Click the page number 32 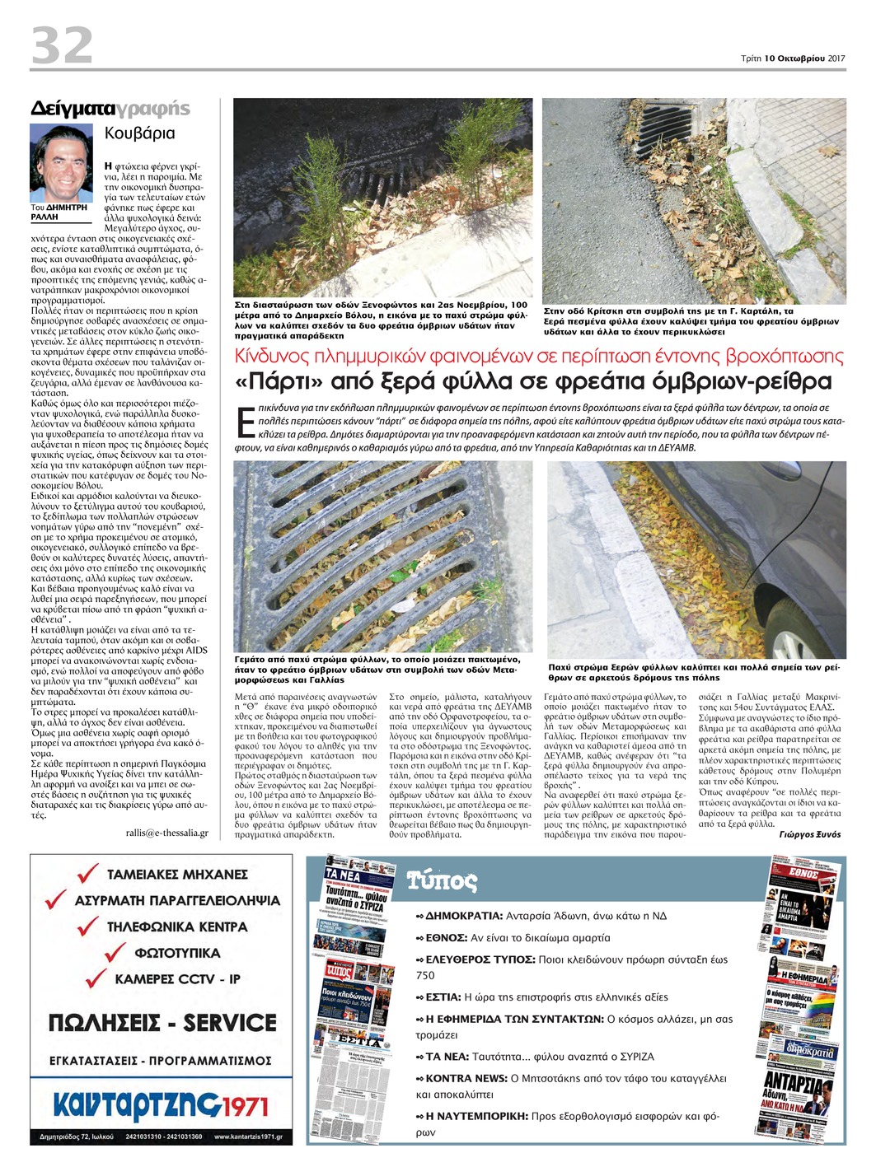[x=61, y=45]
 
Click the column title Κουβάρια [x=140, y=133]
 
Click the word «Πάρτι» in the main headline [x=281, y=382]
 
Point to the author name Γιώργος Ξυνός [x=809, y=834]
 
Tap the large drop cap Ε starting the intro [x=244, y=421]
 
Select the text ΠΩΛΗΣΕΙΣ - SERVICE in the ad [x=162, y=1023]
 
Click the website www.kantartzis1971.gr [x=247, y=1137]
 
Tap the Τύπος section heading [x=442, y=881]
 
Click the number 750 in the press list [x=425, y=975]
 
